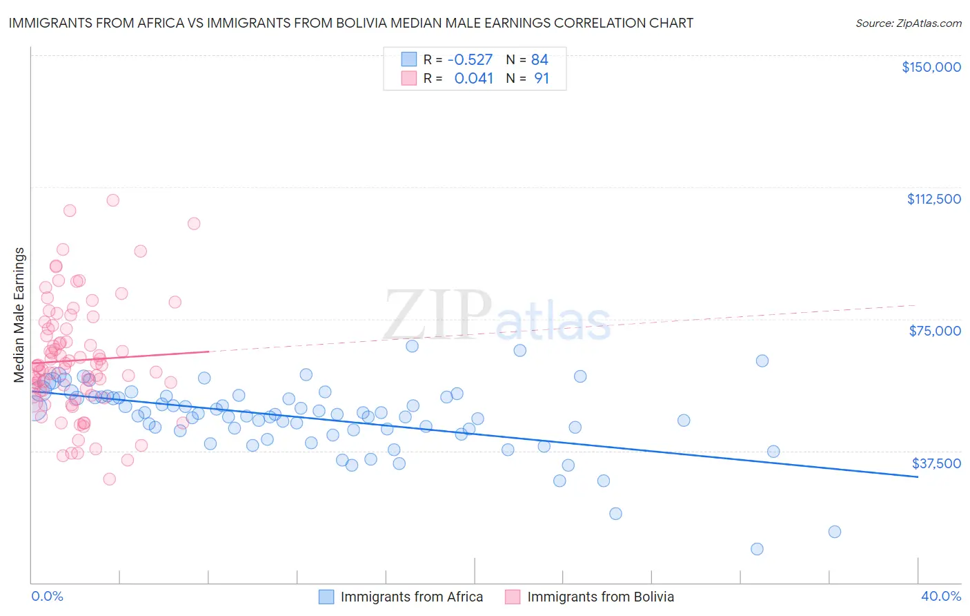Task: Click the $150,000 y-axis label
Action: coord(931,67)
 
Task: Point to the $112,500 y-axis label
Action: coord(933,199)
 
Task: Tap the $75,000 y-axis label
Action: coord(935,331)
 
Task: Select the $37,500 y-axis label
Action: coord(936,463)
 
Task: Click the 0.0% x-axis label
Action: coord(48,597)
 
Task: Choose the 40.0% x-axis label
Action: coord(941,597)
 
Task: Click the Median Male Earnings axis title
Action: coord(19,315)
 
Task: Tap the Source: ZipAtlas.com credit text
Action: coord(908,23)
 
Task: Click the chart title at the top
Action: coord(351,23)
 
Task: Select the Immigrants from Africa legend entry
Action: coord(411,597)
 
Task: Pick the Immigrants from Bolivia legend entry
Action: coord(600,597)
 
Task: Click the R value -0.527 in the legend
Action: coord(470,59)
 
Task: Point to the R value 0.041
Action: coord(473,79)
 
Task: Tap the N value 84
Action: coord(540,59)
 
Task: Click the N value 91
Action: coord(542,79)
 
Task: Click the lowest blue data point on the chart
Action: coord(757,549)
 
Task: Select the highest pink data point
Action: coord(112,200)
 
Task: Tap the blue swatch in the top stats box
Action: coord(409,59)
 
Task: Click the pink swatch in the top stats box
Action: coord(409,79)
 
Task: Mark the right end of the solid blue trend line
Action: coord(918,477)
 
